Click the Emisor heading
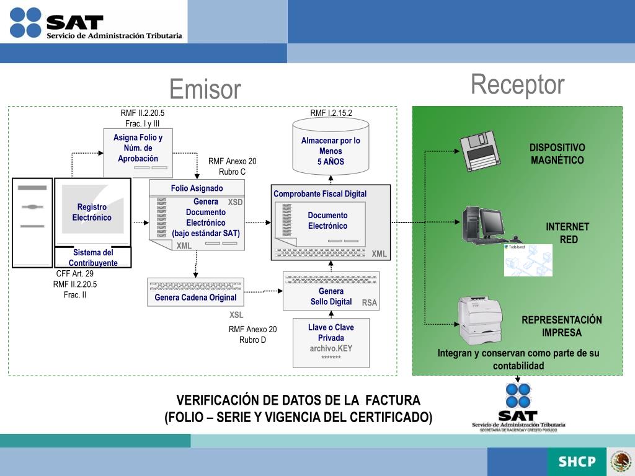205,89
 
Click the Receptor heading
517,85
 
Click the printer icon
479,319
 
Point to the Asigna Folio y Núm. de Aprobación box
138,152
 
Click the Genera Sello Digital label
331,296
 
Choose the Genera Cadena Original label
195,297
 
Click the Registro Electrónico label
92,212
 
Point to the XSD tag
235,202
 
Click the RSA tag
370,302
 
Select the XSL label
236,315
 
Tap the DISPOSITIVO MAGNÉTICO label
557,154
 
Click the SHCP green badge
577,461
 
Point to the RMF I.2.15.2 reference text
331,113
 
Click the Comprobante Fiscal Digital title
320,194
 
